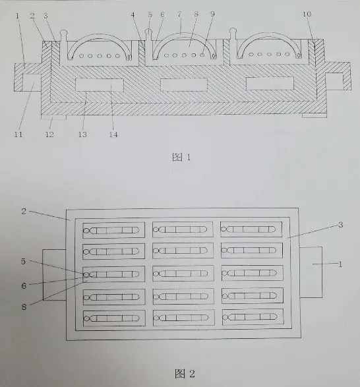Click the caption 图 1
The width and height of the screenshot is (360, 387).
[x=181, y=157]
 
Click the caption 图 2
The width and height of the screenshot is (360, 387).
[x=185, y=374]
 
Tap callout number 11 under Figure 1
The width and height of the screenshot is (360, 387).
[x=18, y=134]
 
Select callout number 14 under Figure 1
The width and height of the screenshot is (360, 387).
[x=113, y=134]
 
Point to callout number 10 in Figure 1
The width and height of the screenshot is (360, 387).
[x=307, y=15]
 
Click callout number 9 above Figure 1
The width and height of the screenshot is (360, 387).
[x=212, y=14]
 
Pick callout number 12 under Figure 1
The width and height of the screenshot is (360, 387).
[x=49, y=134]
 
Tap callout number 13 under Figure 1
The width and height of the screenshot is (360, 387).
[x=82, y=134]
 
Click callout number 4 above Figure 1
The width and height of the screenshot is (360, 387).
[x=133, y=15]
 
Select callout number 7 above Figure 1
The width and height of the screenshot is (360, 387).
[x=179, y=15]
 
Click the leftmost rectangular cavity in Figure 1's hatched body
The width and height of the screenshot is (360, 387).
[x=100, y=84]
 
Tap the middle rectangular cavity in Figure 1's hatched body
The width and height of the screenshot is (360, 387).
[x=184, y=84]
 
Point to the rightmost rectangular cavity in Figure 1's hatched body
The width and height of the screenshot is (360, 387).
[x=270, y=84]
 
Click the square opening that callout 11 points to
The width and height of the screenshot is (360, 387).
[x=32, y=82]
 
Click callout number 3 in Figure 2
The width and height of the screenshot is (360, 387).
[x=340, y=225]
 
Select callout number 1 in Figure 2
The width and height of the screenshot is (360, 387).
[x=340, y=264]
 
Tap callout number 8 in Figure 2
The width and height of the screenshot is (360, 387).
[x=24, y=307]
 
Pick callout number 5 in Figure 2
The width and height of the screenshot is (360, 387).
[x=24, y=261]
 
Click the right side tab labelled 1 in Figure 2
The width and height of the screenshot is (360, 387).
[x=311, y=272]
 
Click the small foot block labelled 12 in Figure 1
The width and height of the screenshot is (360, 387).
[x=54, y=117]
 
